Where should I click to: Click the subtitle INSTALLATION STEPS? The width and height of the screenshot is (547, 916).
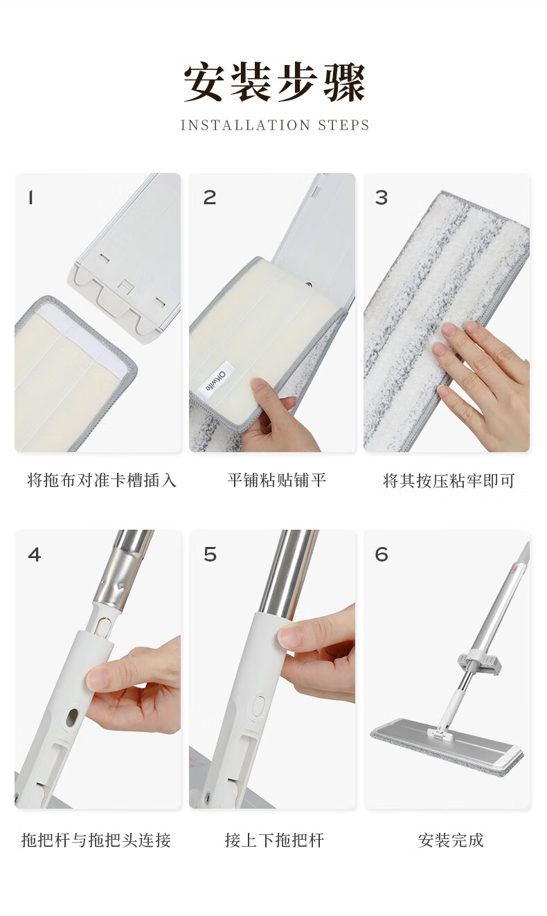pos(275,125)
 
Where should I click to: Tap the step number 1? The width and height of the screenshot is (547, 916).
pos(30,198)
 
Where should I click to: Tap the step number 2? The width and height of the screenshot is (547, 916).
pos(210,198)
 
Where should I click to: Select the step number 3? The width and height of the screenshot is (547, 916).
pos(382,198)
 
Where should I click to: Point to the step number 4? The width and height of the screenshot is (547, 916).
pos(35,555)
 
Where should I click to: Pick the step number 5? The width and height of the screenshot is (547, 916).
pos(210,555)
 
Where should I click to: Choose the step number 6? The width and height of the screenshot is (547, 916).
pos(382,555)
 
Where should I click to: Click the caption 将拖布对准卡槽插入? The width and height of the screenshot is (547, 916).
pos(102,480)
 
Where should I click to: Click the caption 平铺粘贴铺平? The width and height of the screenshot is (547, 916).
pos(276,480)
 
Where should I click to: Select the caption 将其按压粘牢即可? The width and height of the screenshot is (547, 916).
pos(449,481)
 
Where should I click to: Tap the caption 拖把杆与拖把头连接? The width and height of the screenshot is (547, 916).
pos(96,841)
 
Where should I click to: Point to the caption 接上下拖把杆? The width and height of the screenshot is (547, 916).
pos(274,841)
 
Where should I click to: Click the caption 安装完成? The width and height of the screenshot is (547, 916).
pos(451,841)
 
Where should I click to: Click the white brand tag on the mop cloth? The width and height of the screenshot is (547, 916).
pos(217,381)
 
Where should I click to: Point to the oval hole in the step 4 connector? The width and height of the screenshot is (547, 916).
pos(71,719)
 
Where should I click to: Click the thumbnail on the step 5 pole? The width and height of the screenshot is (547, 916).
pos(289,636)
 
